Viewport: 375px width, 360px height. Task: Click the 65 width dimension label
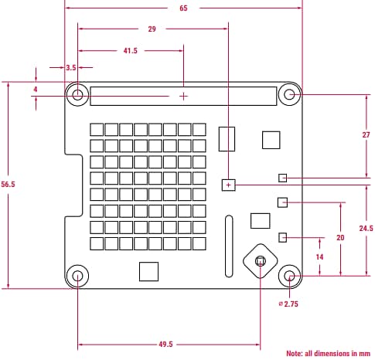183,8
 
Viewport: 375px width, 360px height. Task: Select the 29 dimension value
152,29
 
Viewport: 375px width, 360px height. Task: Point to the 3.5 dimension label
72,69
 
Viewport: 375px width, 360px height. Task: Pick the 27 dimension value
366,135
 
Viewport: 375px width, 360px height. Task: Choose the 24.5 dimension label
366,229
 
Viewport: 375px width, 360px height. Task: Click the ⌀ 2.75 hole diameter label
288,304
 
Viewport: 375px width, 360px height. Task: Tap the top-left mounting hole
78,95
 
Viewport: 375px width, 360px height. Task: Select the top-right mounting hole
290,95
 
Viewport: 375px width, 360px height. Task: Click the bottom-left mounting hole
77,276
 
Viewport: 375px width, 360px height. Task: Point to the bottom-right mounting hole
289,276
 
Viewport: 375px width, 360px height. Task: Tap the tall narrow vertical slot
228,246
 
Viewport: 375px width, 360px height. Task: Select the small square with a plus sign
228,185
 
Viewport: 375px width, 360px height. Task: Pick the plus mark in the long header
183,96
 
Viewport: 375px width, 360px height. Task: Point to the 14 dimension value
319,256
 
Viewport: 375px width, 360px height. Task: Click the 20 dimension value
340,238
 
